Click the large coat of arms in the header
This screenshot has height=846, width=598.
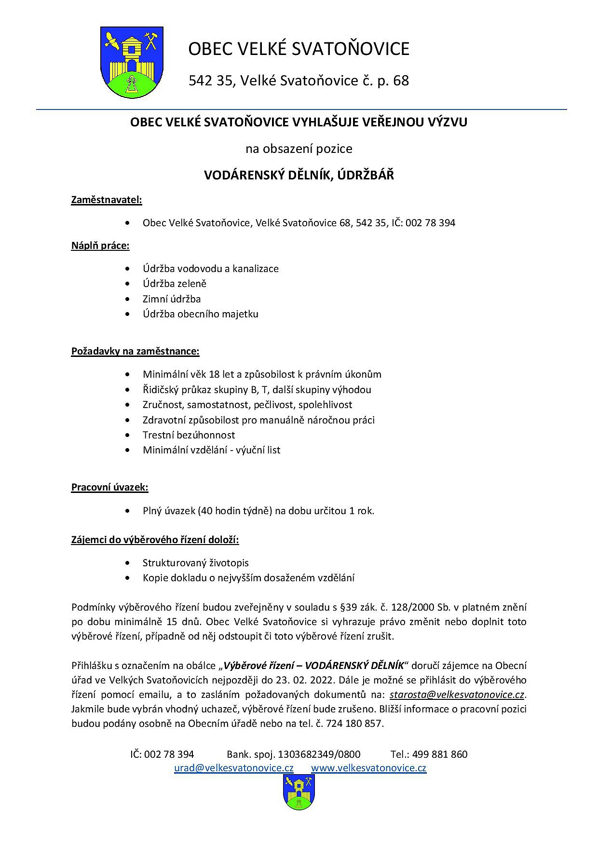click(131, 62)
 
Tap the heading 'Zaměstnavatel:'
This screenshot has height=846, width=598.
click(107, 200)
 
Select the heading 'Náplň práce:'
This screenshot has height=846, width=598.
click(100, 246)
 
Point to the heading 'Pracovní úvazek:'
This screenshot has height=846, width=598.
click(110, 487)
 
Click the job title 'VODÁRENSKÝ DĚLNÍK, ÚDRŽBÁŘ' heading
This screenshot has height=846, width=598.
click(299, 175)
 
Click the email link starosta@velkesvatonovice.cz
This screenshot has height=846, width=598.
click(457, 695)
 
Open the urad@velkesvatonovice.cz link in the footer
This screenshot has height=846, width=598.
click(234, 768)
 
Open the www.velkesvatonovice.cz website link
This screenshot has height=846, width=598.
click(368, 768)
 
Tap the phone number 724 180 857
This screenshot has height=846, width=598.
click(354, 723)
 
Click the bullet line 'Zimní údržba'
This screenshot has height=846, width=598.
click(172, 299)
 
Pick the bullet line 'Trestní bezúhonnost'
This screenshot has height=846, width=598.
click(189, 435)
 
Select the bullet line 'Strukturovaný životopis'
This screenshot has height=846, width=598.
click(196, 563)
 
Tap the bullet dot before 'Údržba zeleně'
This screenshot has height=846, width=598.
click(127, 284)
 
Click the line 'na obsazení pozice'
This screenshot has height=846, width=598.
click(299, 149)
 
